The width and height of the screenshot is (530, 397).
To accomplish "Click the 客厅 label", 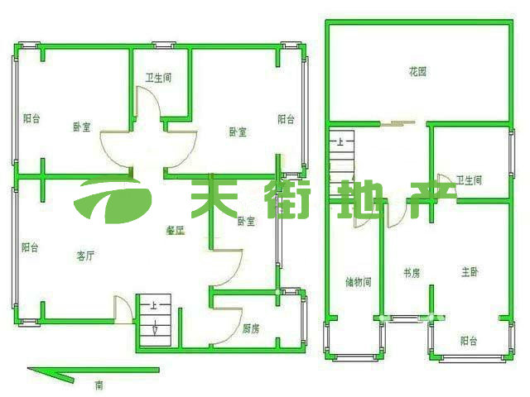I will click(85, 256).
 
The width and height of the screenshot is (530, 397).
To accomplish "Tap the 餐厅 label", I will click(175, 232).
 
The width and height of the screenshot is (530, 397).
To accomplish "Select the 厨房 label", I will click(251, 328).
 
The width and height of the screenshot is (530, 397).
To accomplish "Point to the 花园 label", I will click(417, 72).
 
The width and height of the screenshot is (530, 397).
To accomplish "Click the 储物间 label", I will click(358, 282).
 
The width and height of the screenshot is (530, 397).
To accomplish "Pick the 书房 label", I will click(412, 273).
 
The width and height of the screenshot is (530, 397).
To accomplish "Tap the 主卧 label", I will click(470, 272).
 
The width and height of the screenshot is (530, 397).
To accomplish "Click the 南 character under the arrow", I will click(99, 385).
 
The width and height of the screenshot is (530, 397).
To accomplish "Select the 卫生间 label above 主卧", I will click(469, 179).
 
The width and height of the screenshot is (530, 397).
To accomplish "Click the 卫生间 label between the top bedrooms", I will click(158, 79).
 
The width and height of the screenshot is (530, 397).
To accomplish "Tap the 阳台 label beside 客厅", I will click(30, 246).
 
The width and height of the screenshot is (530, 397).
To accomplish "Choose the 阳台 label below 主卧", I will click(469, 340).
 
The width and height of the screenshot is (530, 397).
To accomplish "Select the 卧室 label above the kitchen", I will click(245, 222).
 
